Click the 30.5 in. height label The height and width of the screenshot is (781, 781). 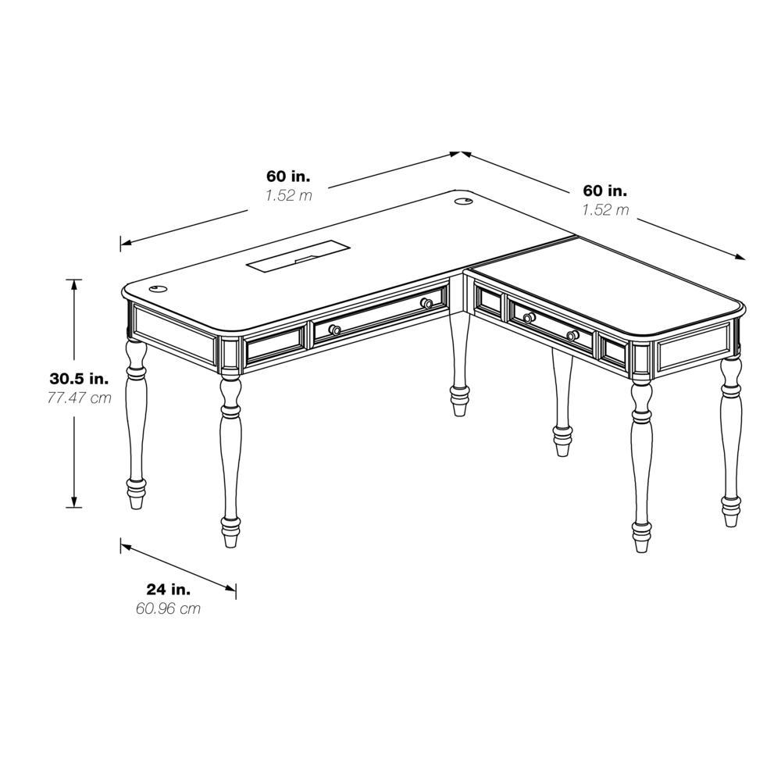(x=79, y=379)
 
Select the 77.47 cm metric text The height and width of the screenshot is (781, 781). (x=78, y=398)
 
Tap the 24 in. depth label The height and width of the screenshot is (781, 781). (x=169, y=589)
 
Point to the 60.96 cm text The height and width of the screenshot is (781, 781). (x=168, y=608)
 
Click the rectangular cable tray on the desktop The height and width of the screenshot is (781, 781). (x=298, y=259)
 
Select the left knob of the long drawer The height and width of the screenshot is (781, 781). (x=334, y=330)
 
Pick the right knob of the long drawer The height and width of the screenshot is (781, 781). (x=426, y=303)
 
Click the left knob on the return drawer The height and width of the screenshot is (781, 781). (x=529, y=318)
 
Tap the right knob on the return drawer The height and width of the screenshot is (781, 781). (x=572, y=336)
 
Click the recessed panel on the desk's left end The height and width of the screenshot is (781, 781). (x=175, y=334)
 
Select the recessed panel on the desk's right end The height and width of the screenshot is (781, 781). (x=695, y=353)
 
